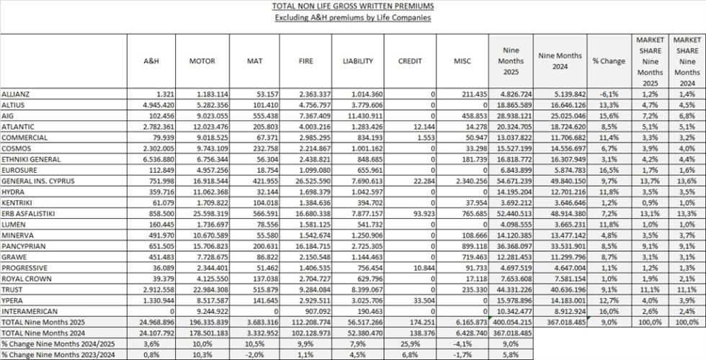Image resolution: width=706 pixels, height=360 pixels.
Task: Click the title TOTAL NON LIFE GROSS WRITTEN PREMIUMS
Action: [x=352, y=6]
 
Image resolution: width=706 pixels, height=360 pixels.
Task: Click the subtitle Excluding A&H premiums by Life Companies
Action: [x=352, y=17]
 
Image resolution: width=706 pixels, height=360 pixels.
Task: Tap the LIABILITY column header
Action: [x=357, y=61]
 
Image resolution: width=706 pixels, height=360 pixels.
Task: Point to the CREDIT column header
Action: [x=410, y=61]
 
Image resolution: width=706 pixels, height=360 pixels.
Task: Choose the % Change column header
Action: [x=609, y=61]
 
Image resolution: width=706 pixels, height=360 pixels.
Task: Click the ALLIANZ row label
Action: [x=15, y=94]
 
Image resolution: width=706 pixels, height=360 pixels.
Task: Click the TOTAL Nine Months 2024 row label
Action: [x=42, y=333]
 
